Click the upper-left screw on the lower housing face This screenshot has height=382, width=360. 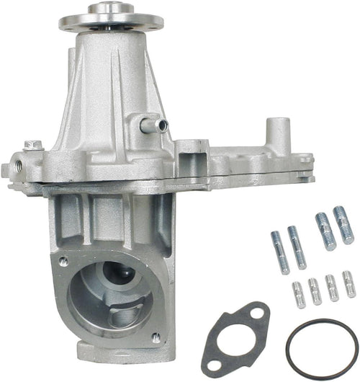[63, 261]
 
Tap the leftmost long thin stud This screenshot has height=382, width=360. [279, 252]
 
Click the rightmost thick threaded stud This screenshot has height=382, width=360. [343, 225]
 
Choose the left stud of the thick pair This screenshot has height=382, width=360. [325, 231]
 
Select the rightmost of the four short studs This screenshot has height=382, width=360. [348, 284]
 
